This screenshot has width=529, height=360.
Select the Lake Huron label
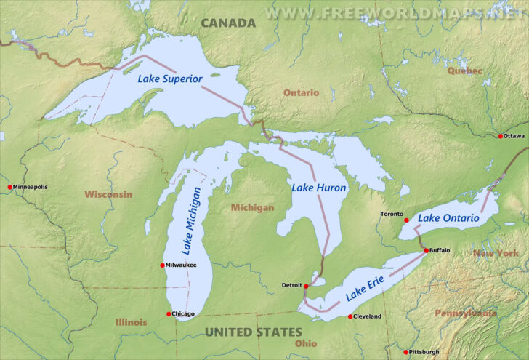(319, 188)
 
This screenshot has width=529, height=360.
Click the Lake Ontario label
(448, 217)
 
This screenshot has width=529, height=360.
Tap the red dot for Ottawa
(500, 137)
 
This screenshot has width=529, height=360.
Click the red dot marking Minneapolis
(10, 187)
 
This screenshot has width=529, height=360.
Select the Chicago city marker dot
(169, 314)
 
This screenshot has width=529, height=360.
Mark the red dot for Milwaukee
(162, 265)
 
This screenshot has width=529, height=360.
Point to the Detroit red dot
(307, 286)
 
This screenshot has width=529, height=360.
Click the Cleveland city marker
(350, 316)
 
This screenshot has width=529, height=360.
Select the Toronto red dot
(406, 220)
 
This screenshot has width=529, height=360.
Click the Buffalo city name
(440, 250)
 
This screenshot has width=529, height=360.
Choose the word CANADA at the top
(228, 23)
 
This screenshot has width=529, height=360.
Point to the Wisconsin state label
(108, 194)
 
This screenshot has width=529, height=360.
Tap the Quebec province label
(464, 71)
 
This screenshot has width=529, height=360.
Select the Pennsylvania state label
(466, 313)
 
